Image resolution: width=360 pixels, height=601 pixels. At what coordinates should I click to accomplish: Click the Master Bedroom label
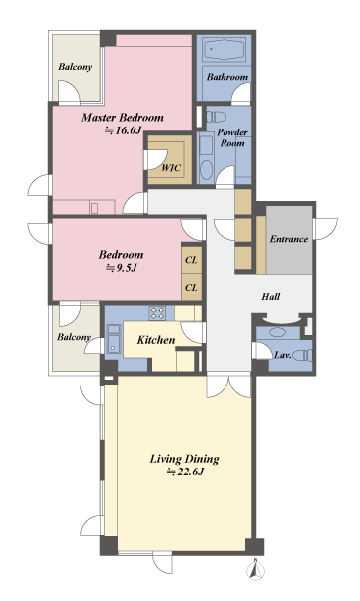[123, 117]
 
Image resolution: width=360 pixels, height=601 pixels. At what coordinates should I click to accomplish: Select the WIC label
[171, 167]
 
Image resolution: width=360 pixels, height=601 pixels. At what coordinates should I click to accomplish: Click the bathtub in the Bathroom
[225, 48]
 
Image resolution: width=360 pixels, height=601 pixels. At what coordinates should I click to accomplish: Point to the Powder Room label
[232, 137]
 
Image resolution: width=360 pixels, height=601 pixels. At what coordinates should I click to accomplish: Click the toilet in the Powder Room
[216, 117]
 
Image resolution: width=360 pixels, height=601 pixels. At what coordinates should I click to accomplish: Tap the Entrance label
[289, 239]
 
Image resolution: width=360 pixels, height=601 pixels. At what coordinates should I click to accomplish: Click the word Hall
[271, 296]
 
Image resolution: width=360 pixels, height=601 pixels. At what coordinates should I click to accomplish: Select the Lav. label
[283, 355]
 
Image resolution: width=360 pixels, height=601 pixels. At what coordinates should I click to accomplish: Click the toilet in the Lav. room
[303, 355]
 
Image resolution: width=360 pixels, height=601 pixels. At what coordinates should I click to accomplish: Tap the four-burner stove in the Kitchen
[158, 312]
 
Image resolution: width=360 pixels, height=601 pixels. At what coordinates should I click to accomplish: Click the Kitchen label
[156, 340]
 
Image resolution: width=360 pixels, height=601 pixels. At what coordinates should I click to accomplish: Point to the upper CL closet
[191, 260]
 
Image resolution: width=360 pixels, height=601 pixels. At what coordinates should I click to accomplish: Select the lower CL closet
[191, 287]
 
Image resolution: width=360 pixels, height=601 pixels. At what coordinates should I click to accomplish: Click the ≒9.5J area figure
[121, 268]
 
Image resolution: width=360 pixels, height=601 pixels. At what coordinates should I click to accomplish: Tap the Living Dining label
[184, 459]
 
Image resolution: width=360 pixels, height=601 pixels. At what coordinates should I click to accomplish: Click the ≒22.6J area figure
[184, 472]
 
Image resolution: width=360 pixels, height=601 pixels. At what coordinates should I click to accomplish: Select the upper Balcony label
[75, 67]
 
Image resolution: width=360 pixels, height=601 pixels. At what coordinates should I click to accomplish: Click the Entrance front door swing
[326, 228]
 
